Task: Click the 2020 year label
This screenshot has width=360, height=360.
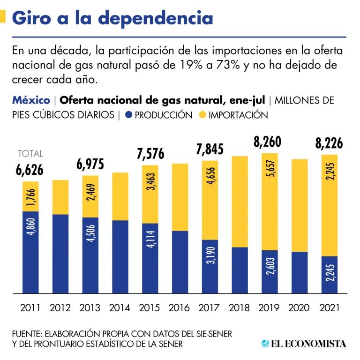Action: click(299, 308)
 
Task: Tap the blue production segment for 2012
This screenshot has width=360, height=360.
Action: click(60, 254)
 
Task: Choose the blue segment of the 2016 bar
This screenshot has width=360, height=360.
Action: click(180, 262)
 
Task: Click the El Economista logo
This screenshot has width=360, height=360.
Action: click(304, 344)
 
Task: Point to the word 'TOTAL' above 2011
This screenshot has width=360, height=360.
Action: click(30, 154)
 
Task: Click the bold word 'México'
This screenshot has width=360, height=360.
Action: click(31, 100)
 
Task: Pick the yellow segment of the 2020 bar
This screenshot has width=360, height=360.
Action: click(299, 205)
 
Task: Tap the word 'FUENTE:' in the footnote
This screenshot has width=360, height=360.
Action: click(27, 334)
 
